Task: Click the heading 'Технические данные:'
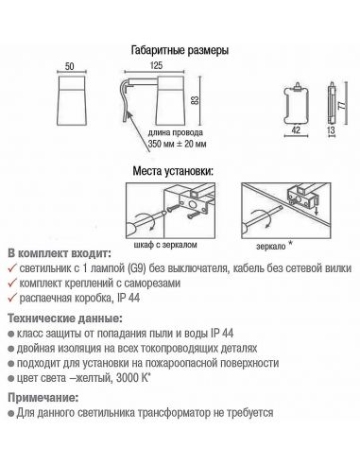point(61,321)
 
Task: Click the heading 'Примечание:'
point(45,399)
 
